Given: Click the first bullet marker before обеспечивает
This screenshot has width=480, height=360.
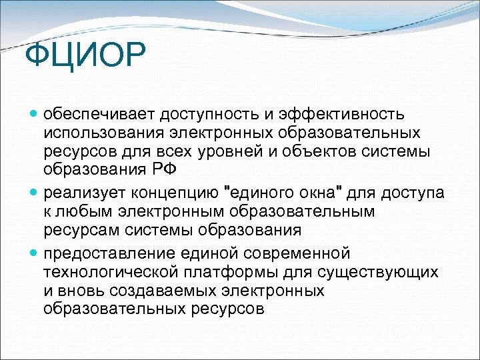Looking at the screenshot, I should click(x=35, y=115).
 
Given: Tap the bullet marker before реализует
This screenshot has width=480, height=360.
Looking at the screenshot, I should click(x=35, y=193).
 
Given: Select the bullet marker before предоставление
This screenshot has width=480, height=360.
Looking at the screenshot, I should click(x=35, y=253).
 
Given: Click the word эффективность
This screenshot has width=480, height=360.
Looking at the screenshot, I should click(x=351, y=115).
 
